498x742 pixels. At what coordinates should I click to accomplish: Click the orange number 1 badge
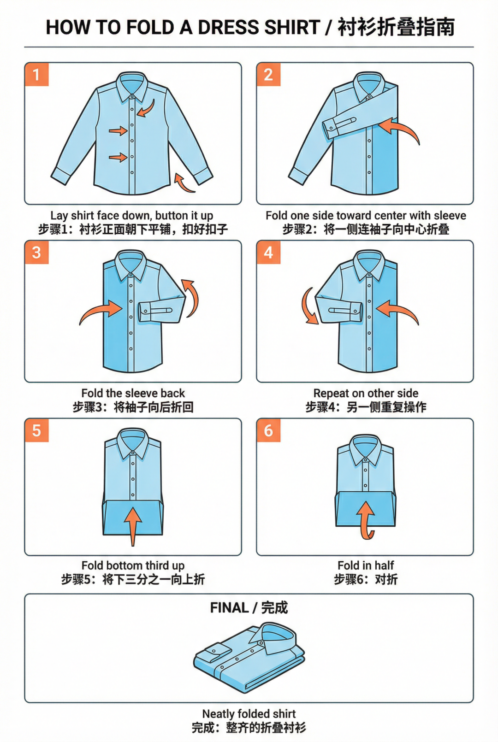[x=37, y=75]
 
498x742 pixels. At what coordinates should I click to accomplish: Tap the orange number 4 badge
[x=269, y=253]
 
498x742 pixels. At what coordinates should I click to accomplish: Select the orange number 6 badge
[x=269, y=430]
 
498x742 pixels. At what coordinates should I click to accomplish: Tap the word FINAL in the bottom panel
[x=229, y=608]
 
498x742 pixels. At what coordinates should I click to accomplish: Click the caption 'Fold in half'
[x=366, y=565]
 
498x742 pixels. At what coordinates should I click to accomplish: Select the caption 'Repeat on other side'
[x=366, y=393]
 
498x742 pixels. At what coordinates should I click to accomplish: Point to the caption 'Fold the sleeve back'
[x=133, y=393]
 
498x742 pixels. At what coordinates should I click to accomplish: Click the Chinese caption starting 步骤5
[x=133, y=579]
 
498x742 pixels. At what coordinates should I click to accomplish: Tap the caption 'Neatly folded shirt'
[x=249, y=713]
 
